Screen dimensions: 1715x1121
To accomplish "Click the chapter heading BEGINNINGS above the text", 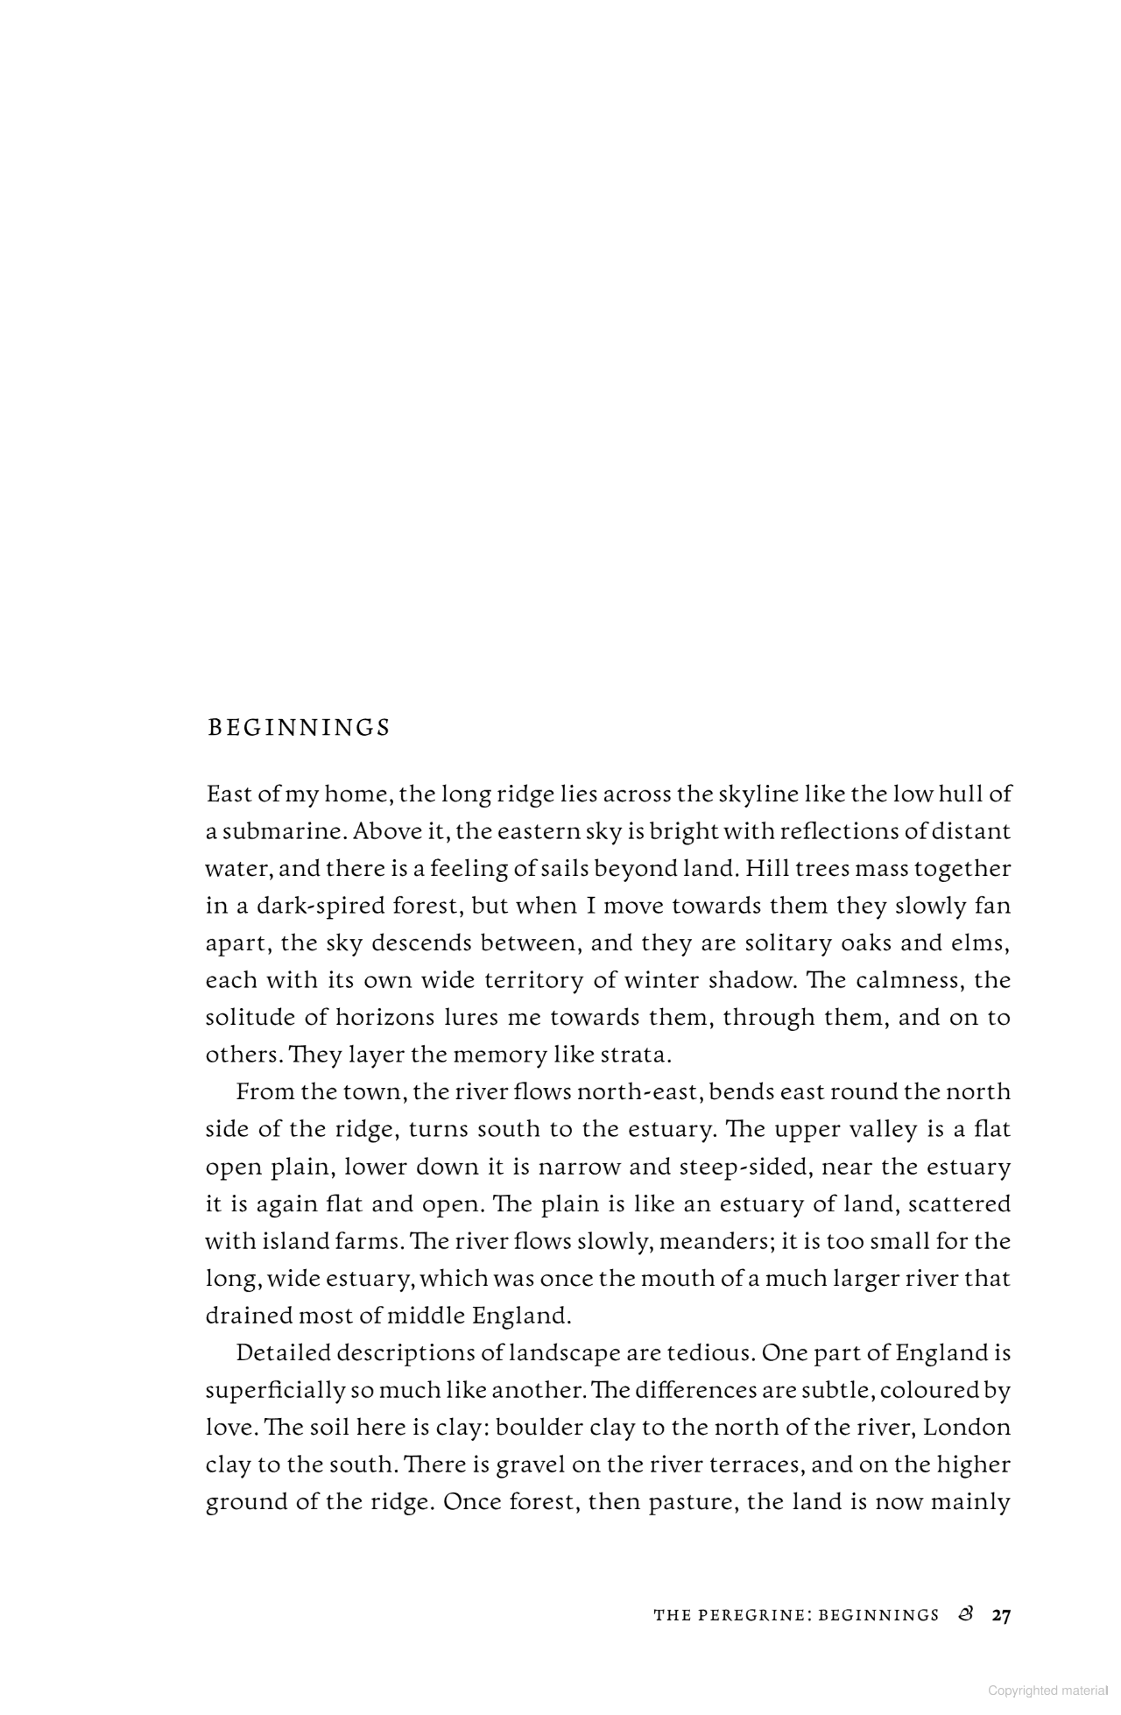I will tap(299, 728).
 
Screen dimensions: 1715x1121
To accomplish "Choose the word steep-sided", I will tap(743, 1167).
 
